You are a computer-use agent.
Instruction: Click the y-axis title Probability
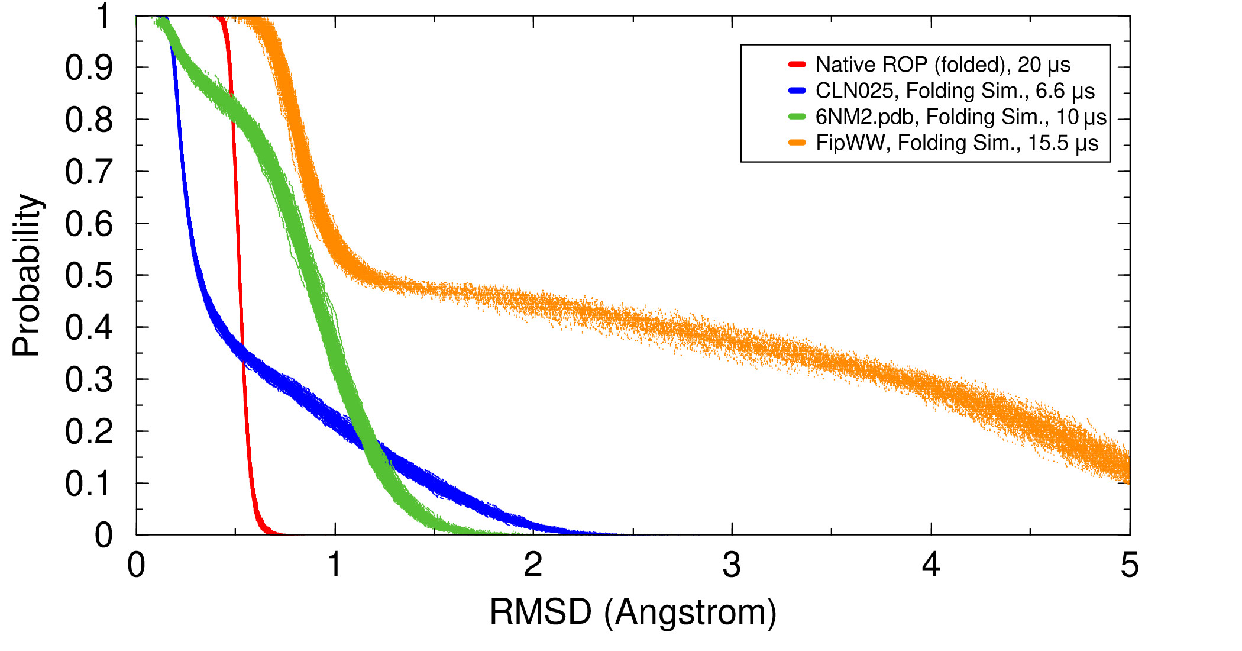coord(27,275)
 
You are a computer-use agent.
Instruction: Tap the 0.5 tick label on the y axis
coord(89,276)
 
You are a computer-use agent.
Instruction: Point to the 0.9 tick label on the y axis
coord(89,68)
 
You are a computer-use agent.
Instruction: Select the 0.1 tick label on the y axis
coord(89,484)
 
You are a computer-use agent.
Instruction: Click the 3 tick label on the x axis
coord(732,565)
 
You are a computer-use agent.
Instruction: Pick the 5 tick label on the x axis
coord(1129,565)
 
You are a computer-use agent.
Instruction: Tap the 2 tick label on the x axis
coord(533,565)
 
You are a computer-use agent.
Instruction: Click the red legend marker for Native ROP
coord(797,64)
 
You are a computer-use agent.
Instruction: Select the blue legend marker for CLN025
coord(797,91)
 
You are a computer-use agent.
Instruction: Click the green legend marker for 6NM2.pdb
coord(797,117)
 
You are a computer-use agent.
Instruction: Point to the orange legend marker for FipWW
coord(797,143)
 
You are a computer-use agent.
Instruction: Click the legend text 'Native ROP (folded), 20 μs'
coord(943,65)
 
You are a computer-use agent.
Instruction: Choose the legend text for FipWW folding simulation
coord(956,143)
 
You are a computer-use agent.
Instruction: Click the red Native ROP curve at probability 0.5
coord(240,275)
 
